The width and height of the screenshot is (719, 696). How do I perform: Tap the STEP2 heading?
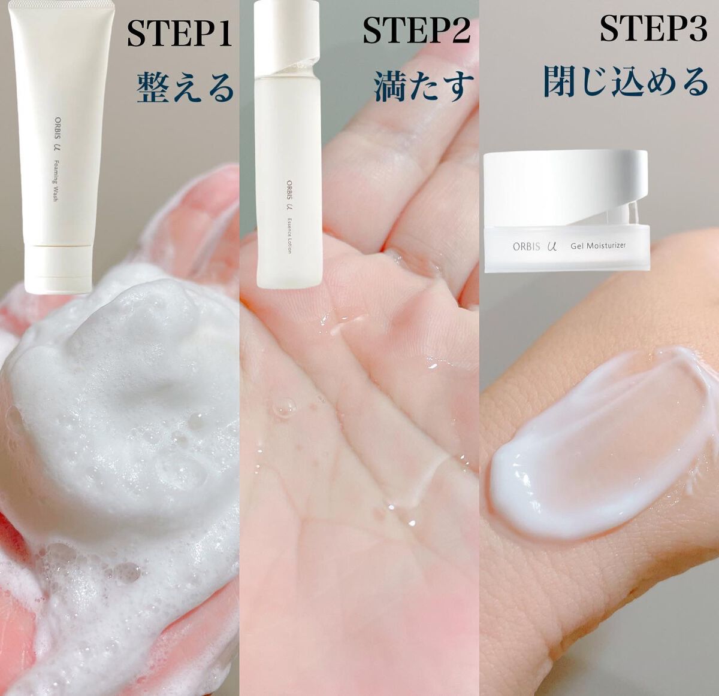tap(417, 31)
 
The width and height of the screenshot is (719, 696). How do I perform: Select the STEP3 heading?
tap(654, 29)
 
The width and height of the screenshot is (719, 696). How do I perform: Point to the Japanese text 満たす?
tap(424, 86)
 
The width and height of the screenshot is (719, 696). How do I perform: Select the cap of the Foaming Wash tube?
tap(58, 269)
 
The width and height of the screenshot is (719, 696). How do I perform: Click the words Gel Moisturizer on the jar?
tap(598, 245)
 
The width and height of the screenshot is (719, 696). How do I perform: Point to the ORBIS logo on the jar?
tap(527, 246)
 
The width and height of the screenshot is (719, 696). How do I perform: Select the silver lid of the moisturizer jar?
tap(565, 186)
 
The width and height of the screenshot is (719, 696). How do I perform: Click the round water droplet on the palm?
tap(284, 408)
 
